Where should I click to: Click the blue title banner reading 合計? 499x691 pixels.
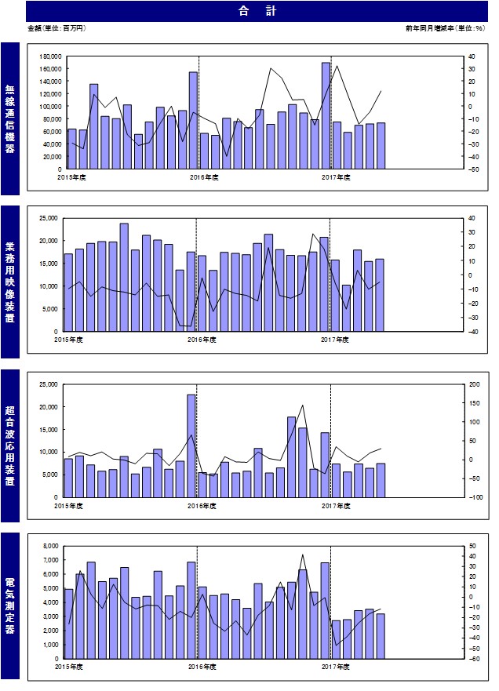click(x=257, y=11)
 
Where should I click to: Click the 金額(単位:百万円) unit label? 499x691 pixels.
click(x=56, y=28)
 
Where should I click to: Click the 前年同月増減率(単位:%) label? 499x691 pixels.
click(x=445, y=28)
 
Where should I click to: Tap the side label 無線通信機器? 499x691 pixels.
click(x=9, y=119)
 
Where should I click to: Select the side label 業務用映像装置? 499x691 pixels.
click(x=9, y=282)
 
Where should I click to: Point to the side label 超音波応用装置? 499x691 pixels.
click(x=9, y=446)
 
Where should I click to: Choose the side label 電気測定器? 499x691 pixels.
click(x=9, y=606)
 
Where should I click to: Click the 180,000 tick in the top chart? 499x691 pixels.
click(x=50, y=56)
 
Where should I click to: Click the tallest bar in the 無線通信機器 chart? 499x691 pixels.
click(x=326, y=115)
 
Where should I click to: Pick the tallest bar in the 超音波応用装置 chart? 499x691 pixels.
click(x=191, y=446)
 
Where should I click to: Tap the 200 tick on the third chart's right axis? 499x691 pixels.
click(x=475, y=384)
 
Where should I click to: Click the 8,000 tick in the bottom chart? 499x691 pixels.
click(x=51, y=546)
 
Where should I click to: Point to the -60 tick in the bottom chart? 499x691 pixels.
click(x=473, y=659)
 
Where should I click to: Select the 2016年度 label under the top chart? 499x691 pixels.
click(x=204, y=177)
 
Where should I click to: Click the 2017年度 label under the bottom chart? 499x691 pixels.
click(x=336, y=667)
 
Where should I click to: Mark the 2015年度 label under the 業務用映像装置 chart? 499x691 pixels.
click(x=68, y=340)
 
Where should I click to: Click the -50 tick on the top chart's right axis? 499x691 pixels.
click(x=472, y=169)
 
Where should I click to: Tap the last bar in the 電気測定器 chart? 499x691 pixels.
click(x=381, y=636)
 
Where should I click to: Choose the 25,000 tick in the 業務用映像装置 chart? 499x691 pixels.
click(x=49, y=218)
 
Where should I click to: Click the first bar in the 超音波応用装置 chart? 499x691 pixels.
click(x=68, y=478)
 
